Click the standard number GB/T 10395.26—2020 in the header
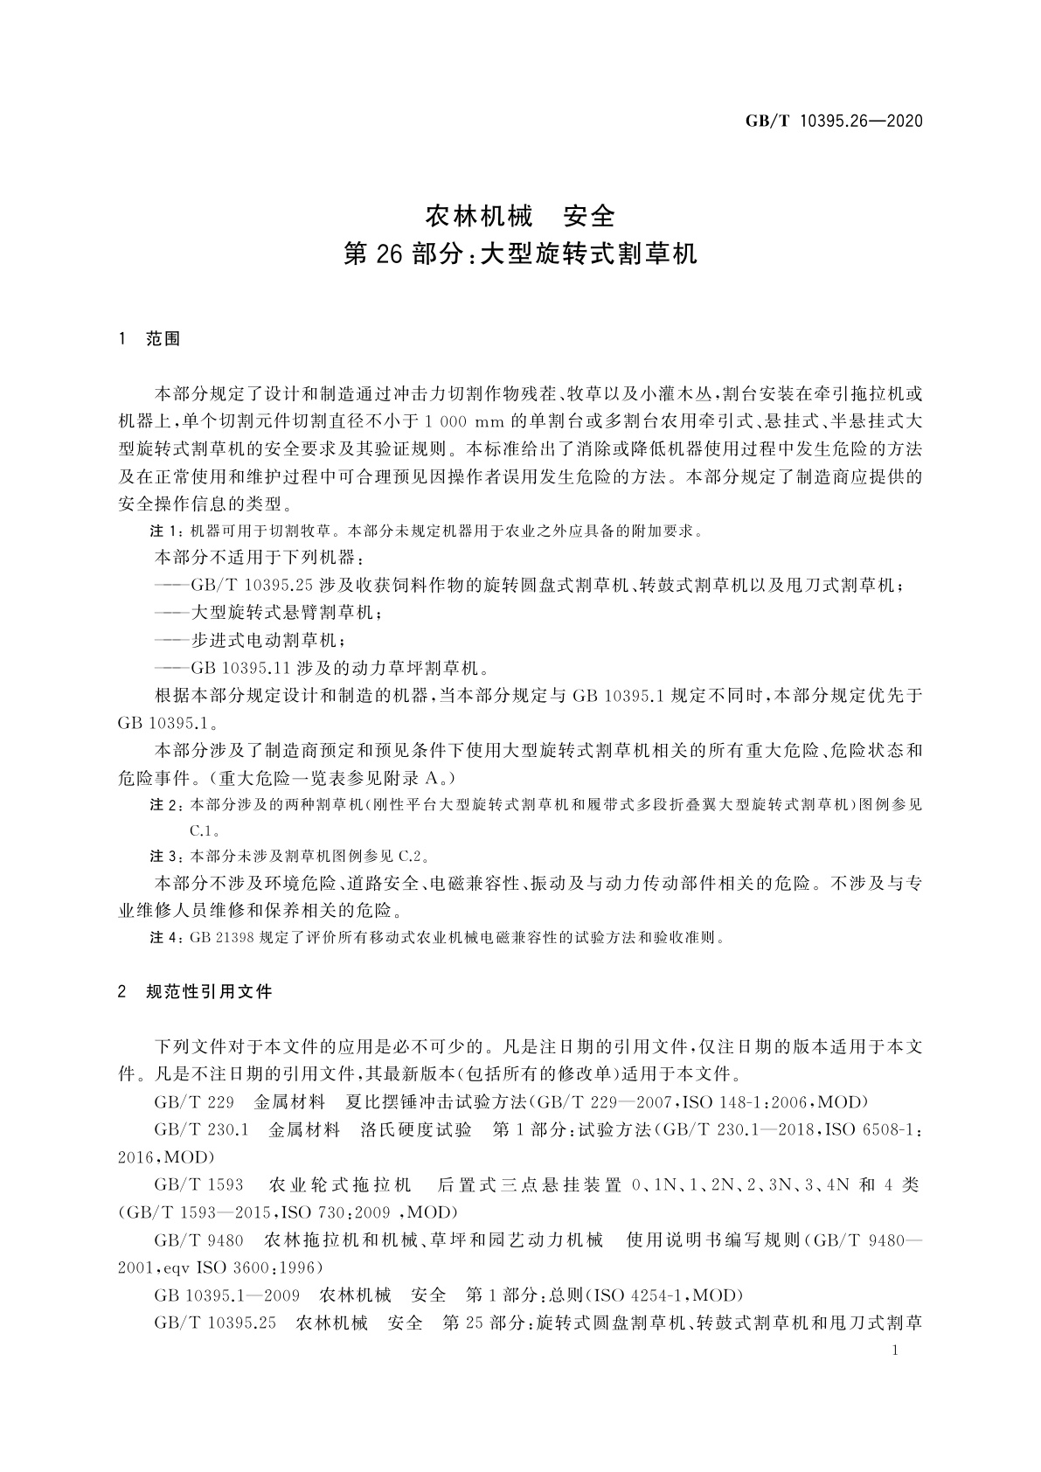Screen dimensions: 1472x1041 point(834,122)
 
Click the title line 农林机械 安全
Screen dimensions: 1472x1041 point(520,215)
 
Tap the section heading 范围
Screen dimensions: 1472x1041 point(163,339)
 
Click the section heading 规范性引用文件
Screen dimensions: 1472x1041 point(210,991)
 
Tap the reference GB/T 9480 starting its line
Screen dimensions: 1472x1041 point(198,1240)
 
